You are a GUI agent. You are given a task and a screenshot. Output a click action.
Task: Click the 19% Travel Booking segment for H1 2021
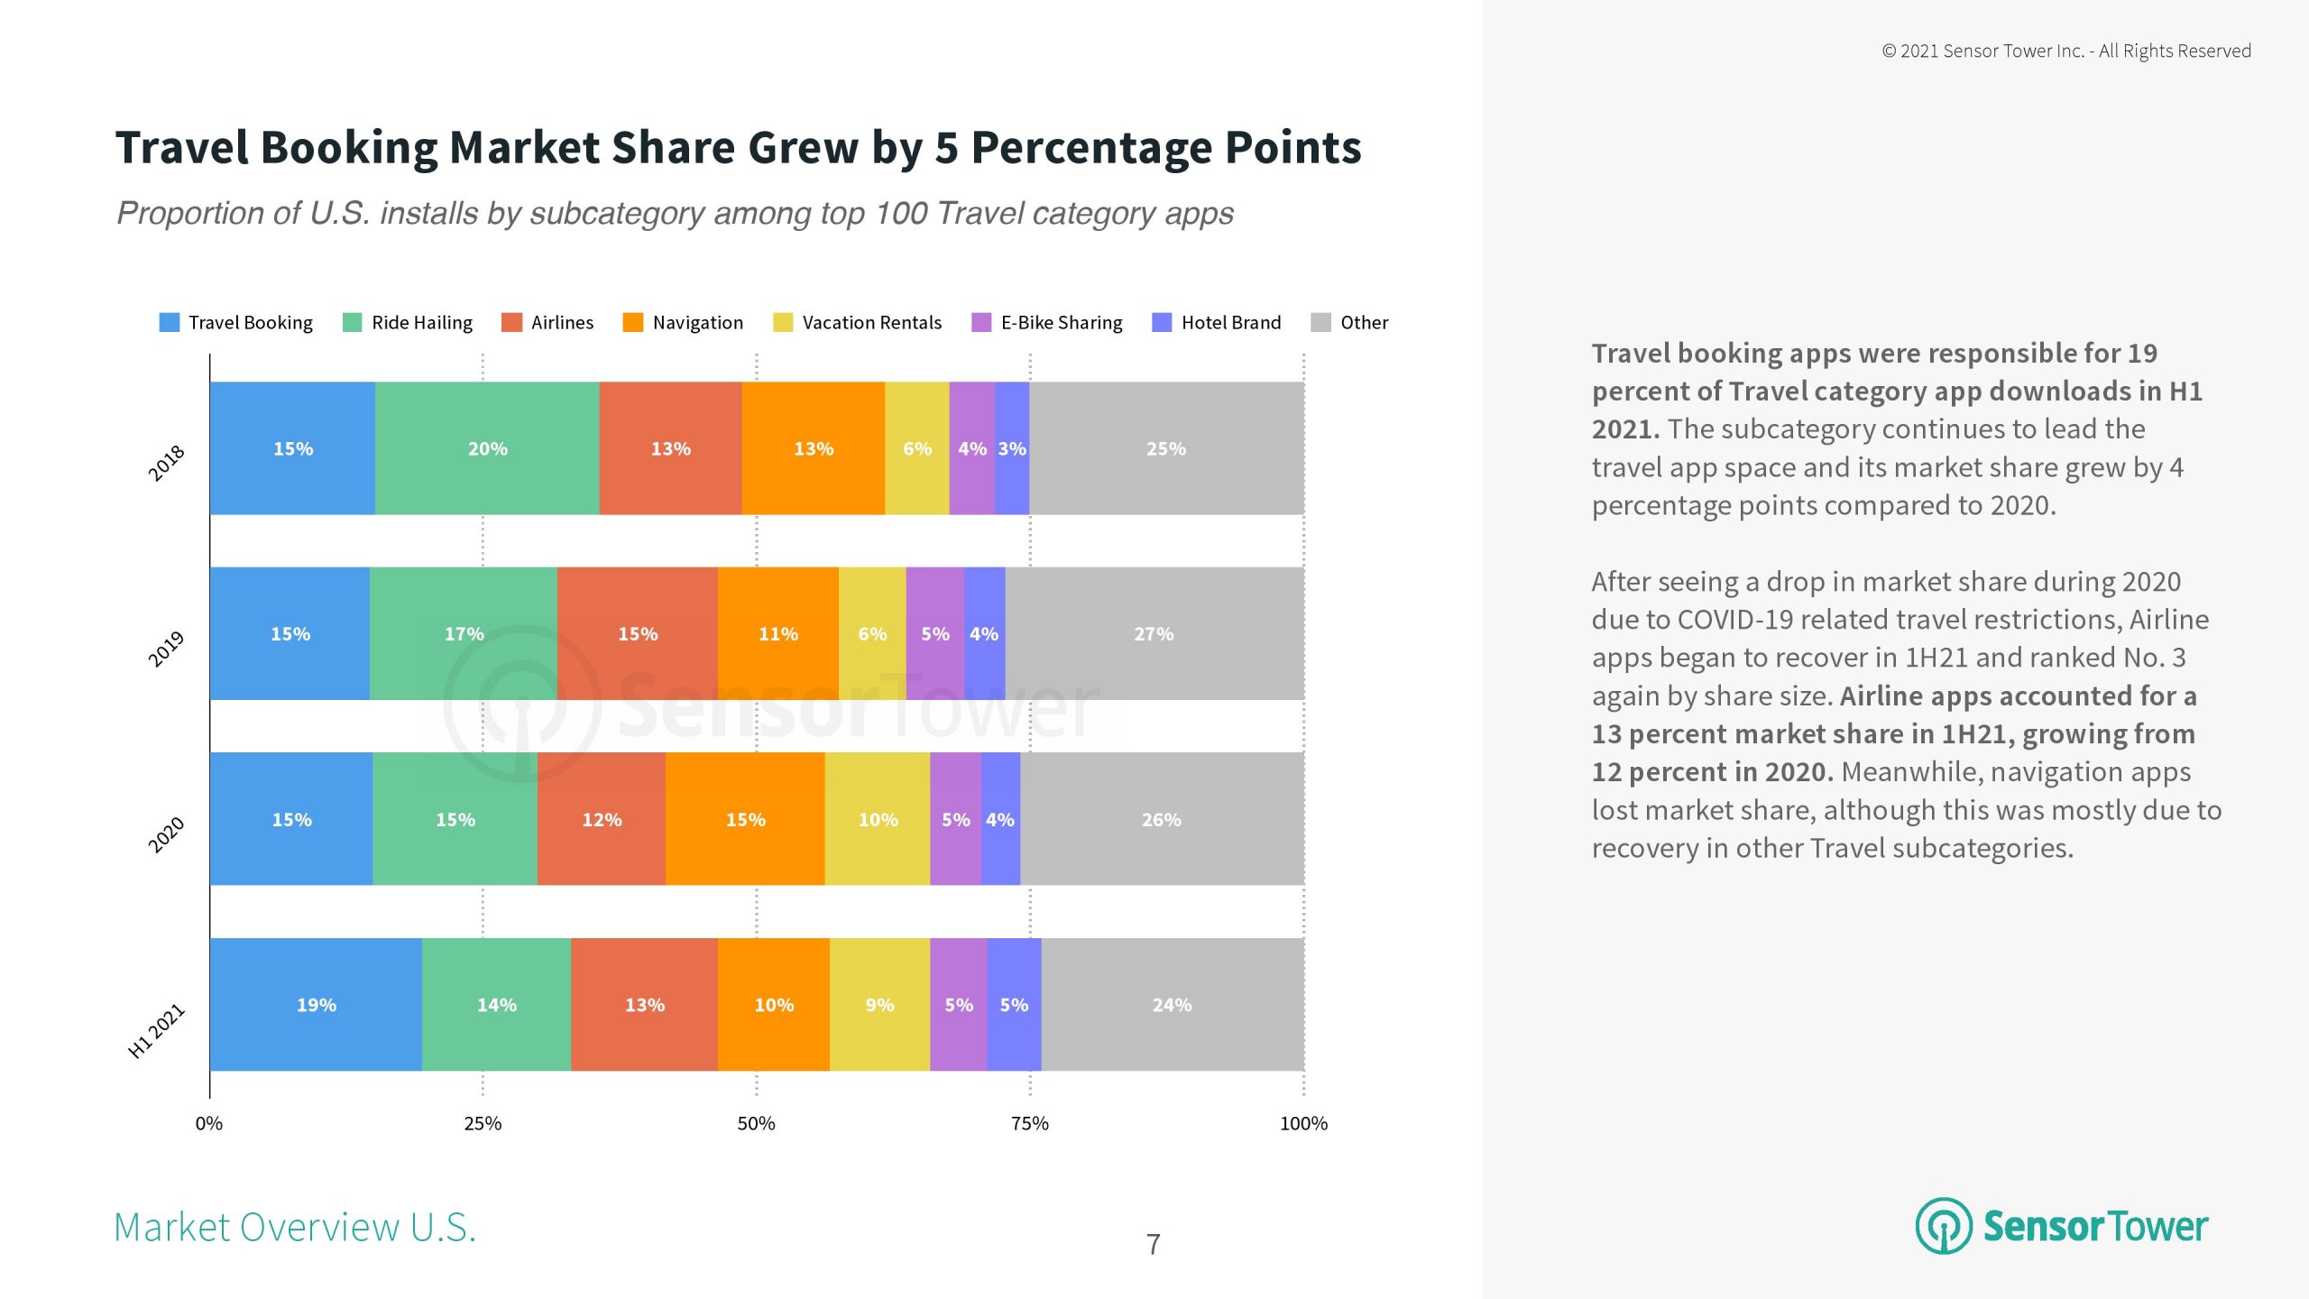[316, 1004]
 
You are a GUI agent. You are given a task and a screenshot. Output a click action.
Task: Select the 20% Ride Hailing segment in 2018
[487, 448]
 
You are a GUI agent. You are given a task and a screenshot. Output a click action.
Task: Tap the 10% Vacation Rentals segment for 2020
[878, 819]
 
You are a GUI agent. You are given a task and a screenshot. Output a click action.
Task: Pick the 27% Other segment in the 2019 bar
[1154, 633]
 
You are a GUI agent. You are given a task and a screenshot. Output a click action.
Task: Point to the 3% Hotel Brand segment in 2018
[1012, 448]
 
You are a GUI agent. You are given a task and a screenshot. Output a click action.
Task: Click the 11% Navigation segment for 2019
[777, 633]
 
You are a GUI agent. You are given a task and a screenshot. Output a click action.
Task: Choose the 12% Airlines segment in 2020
[602, 819]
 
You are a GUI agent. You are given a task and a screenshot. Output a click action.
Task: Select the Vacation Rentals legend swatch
[783, 322]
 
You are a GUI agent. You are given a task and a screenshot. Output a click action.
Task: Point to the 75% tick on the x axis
[1030, 1123]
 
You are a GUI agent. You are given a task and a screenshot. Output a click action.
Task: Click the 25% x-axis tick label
[483, 1123]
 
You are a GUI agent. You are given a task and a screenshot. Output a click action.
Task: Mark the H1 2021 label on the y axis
[157, 1030]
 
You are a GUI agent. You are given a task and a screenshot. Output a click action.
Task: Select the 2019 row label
[166, 649]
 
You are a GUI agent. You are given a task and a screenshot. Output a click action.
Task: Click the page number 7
[1153, 1244]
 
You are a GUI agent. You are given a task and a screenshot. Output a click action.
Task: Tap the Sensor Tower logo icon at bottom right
[1944, 1226]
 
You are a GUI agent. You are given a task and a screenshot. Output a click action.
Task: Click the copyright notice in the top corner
[2065, 51]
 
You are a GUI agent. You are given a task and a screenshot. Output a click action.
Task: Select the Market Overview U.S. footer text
[295, 1227]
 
